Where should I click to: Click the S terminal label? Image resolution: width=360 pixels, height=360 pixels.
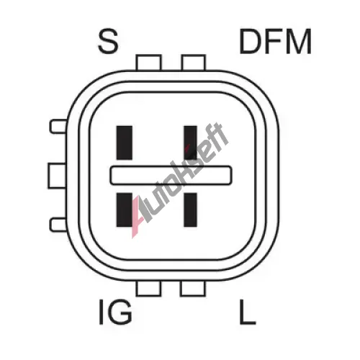tap(108, 42)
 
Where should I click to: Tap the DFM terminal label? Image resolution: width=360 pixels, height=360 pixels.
tap(275, 41)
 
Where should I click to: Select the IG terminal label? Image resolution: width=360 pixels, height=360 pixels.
tap(115, 312)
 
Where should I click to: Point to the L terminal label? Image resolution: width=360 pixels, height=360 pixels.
tap(248, 312)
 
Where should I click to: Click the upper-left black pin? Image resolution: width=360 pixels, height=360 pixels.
tap(125, 143)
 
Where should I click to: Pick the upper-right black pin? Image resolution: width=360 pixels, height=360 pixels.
tap(190, 143)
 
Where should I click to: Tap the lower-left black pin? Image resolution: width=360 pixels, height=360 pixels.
tap(125, 210)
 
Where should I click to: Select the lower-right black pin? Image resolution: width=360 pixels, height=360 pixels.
tap(190, 210)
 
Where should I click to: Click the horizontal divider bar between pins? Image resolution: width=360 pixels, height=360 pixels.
tap(171, 175)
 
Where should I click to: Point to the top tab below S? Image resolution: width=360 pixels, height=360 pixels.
tap(148, 63)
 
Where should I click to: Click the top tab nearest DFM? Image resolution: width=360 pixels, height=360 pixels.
tap(194, 63)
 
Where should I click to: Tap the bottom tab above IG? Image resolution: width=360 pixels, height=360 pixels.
tap(148, 288)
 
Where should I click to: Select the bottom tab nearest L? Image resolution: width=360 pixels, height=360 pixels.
tap(193, 288)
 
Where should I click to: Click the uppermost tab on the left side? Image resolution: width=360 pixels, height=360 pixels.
tap(58, 126)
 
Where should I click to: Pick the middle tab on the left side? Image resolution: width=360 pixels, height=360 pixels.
tap(57, 176)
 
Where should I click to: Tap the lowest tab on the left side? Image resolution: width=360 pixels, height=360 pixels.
tap(58, 225)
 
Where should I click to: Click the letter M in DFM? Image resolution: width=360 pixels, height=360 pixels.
tap(300, 41)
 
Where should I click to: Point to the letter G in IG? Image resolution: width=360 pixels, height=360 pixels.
tap(121, 312)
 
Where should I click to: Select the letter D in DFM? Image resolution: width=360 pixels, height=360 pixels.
tap(250, 41)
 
